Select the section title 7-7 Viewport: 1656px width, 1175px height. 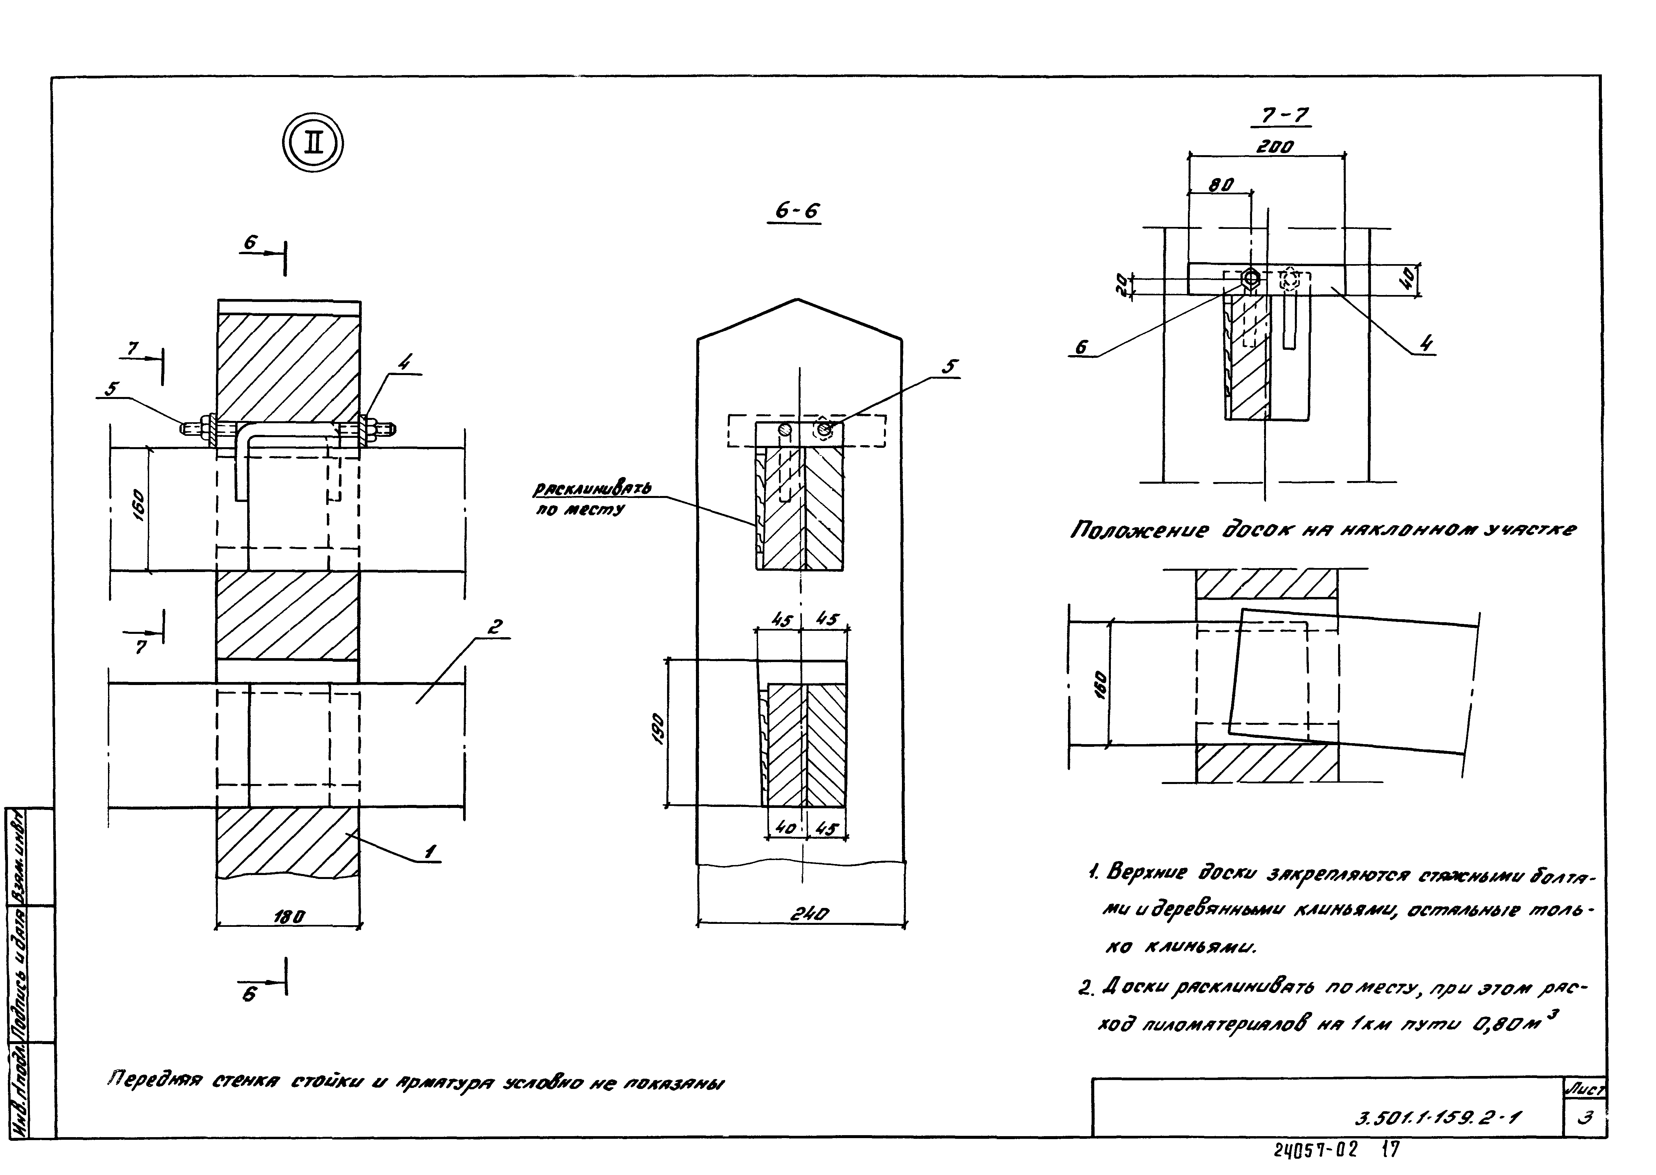[1285, 116]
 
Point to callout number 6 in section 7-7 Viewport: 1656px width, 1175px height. [1081, 347]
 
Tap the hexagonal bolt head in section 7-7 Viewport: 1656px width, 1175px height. [1251, 278]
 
